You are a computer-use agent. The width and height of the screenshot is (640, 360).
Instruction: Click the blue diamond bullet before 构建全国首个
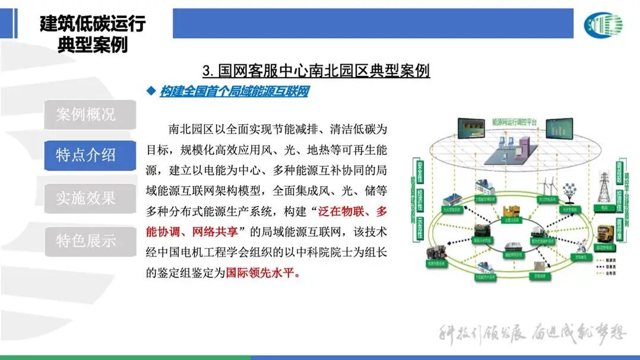click(150, 91)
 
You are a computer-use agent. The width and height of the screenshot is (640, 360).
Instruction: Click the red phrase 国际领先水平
click(260, 274)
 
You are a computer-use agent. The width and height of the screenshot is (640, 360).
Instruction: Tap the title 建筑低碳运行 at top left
click(93, 24)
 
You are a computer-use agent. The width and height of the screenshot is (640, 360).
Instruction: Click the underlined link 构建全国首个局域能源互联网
click(234, 91)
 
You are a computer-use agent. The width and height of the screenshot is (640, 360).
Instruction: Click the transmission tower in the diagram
click(604, 189)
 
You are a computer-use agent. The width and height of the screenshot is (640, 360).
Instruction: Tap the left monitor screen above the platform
click(472, 128)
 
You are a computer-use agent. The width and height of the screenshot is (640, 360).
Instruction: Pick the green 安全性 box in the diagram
click(420, 168)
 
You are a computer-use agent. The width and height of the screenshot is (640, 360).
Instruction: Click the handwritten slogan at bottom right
click(532, 333)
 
